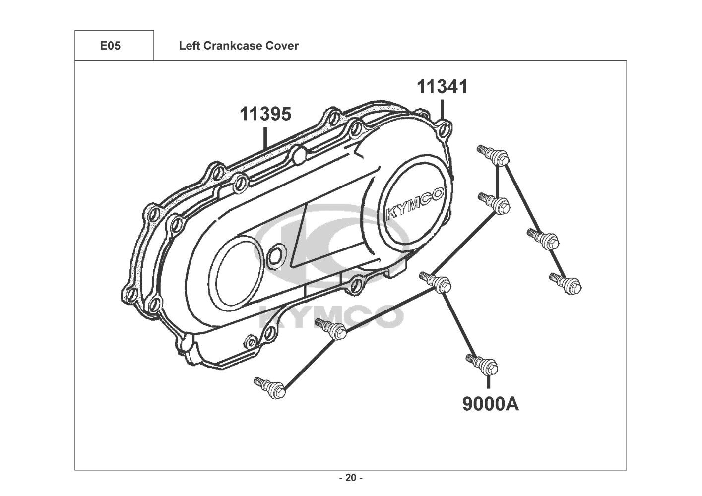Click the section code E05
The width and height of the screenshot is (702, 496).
110,46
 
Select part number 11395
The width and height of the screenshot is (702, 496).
265,114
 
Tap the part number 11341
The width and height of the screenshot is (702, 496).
442,87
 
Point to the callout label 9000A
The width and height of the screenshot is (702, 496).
491,404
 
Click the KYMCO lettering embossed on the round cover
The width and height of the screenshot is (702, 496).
415,203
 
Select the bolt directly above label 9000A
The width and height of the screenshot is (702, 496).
482,364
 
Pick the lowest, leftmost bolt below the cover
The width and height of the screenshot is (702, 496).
269,387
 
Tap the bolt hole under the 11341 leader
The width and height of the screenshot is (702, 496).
444,129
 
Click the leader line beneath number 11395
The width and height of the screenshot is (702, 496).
265,137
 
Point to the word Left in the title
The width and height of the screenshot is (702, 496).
190,46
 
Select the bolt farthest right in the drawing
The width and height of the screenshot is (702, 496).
565,283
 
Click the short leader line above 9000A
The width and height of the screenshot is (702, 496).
488,382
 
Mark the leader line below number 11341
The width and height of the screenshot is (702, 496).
442,110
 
